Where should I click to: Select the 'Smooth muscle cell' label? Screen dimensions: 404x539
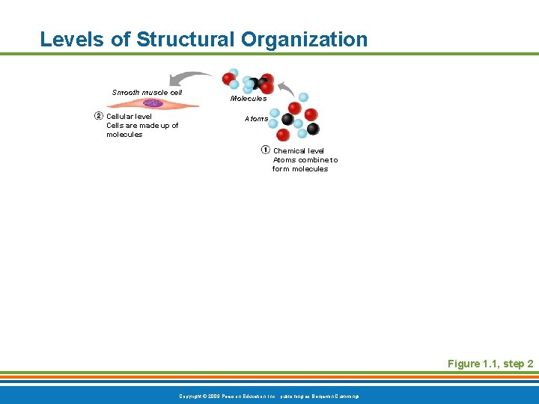147,93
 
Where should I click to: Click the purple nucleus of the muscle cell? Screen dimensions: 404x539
153,104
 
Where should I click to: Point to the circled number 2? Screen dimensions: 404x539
98,116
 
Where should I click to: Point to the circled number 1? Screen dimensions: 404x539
265,150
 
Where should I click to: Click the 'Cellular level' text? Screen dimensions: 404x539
129,117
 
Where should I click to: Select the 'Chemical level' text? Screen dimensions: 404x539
298,151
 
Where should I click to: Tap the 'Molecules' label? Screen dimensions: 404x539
248,99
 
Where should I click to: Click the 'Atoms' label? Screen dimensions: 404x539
256,119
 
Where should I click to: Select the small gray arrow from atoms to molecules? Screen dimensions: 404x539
284,89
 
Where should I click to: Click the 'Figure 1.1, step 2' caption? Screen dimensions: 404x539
490,364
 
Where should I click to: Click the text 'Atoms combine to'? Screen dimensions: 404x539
305,160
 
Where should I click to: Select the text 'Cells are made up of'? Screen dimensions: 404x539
142,126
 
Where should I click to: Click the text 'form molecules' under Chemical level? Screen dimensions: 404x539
299,169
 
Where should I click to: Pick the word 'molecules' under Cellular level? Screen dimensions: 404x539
124,135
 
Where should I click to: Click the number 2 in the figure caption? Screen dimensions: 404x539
529,364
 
